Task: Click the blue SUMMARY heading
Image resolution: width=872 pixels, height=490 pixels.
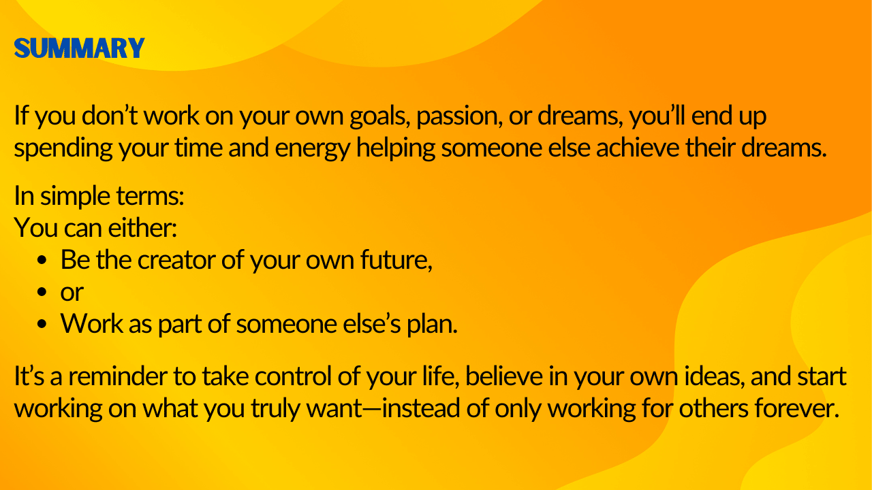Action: point(80,48)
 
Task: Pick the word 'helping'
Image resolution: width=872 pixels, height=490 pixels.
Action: point(396,149)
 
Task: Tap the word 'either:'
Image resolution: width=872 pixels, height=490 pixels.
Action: point(142,228)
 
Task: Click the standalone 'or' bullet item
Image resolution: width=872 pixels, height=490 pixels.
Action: point(72,293)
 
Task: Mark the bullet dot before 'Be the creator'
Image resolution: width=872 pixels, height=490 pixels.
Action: point(42,261)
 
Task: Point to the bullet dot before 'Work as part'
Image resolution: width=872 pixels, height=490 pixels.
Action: point(42,325)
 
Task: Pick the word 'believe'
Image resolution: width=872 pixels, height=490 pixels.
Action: point(504,376)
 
